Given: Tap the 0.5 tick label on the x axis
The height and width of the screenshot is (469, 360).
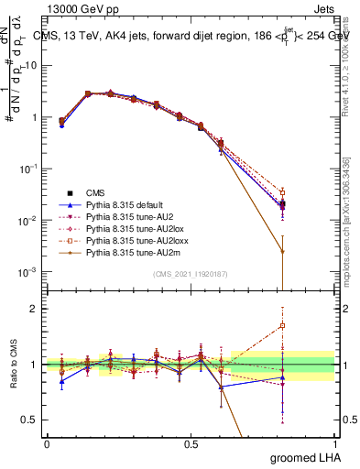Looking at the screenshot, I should click(x=191, y=443).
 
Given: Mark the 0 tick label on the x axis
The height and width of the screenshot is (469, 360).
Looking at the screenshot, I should click(x=47, y=443).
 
